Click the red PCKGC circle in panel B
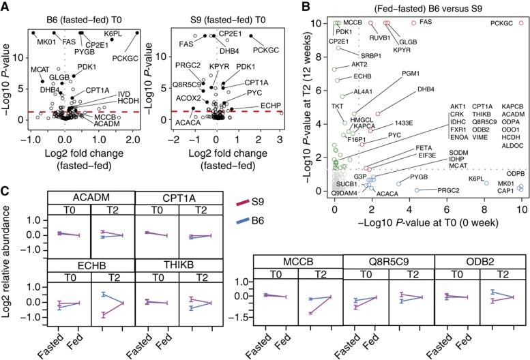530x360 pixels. pyautogui.click(x=521, y=23)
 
